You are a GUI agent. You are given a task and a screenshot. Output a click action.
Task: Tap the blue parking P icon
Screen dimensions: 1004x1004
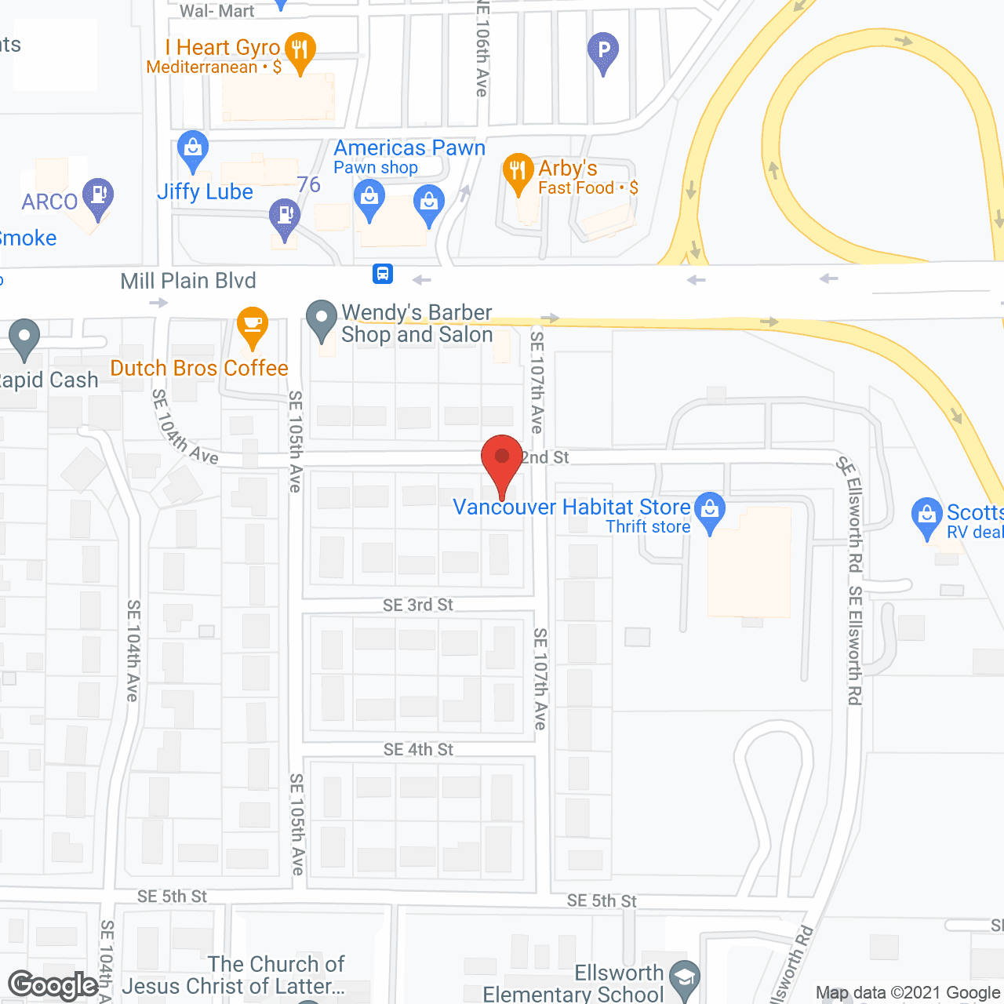(602, 51)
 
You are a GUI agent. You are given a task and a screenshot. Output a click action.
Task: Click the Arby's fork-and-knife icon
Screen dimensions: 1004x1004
(518, 172)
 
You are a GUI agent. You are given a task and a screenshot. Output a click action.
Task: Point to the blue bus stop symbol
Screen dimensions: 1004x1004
(383, 274)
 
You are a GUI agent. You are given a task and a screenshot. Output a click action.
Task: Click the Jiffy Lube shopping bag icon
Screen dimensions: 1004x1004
(193, 149)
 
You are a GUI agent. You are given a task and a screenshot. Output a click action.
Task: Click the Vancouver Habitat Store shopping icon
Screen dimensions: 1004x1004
(710, 511)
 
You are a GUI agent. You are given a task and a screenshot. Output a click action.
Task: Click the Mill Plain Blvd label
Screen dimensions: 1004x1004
(188, 281)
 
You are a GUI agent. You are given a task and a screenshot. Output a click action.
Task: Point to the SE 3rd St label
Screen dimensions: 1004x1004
(418, 605)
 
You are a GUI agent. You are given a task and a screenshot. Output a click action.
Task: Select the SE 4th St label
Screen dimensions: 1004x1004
(418, 750)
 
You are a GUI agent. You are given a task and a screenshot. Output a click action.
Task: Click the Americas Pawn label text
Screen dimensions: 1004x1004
(409, 148)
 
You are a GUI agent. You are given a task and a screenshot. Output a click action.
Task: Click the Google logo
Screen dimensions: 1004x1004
(53, 985)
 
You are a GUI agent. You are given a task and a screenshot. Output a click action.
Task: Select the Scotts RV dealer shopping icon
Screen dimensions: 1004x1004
(926, 516)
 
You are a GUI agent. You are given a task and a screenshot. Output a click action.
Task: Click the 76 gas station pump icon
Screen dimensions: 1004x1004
(284, 216)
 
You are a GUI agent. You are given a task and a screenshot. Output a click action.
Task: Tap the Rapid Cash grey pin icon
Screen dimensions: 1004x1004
(24, 338)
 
